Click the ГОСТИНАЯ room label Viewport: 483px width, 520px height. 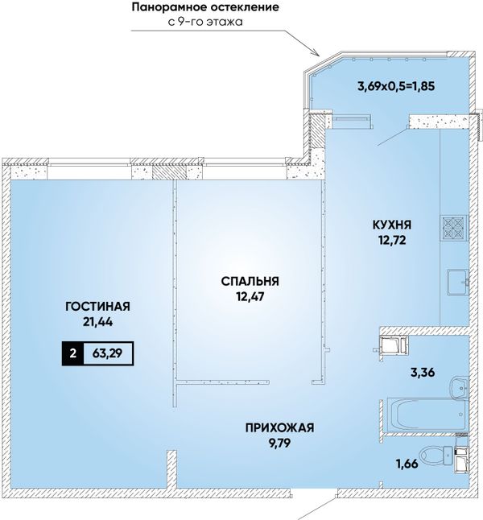pyautogui.click(x=98, y=306)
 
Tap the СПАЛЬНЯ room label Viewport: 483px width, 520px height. pyautogui.click(x=250, y=281)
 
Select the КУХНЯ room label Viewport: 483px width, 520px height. pyautogui.click(x=392, y=225)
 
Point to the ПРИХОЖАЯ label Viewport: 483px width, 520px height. pyautogui.click(x=279, y=427)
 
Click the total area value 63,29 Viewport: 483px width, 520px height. pyautogui.click(x=108, y=353)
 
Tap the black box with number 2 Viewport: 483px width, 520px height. pyautogui.click(x=73, y=353)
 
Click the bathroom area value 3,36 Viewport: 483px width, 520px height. pyautogui.click(x=423, y=373)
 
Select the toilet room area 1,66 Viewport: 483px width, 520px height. pyautogui.click(x=407, y=464)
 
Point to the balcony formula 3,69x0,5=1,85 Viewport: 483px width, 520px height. pyautogui.click(x=396, y=87)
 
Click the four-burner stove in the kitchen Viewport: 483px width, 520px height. pyautogui.click(x=453, y=228)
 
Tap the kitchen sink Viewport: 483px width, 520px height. pyautogui.click(x=457, y=283)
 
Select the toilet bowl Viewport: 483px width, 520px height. pyautogui.click(x=434, y=454)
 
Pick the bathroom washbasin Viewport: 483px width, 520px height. pyautogui.click(x=460, y=386)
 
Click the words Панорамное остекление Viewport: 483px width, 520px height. pyautogui.click(x=205, y=7)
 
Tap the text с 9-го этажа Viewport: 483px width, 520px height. pyautogui.click(x=205, y=22)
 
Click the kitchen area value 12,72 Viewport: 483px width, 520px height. pyautogui.click(x=393, y=239)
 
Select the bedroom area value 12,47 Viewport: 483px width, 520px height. pyautogui.click(x=250, y=296)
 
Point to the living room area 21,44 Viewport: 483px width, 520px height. pyautogui.click(x=98, y=321)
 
